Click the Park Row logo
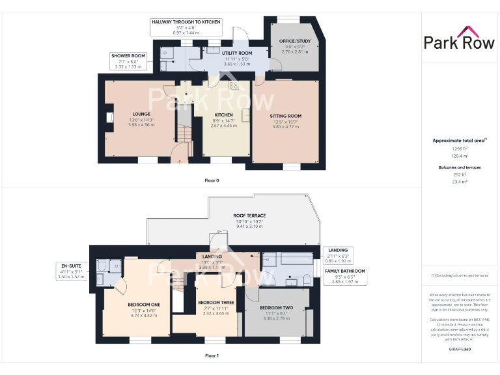pyautogui.click(x=460, y=38)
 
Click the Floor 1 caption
pyautogui.click(x=212, y=355)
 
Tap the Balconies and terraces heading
pyautogui.click(x=460, y=167)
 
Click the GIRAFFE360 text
pyautogui.click(x=460, y=350)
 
